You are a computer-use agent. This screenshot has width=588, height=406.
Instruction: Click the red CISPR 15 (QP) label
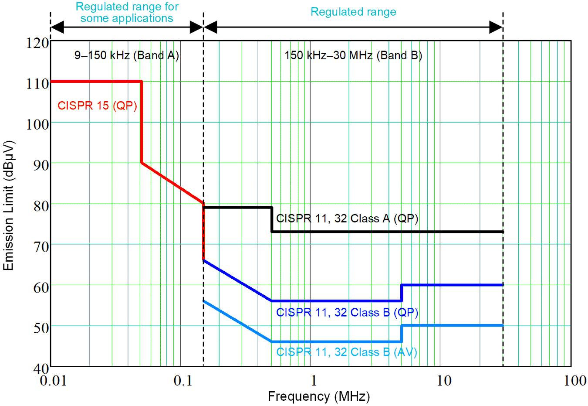tap(97, 106)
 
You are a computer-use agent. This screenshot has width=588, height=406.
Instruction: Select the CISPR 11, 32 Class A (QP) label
tap(347, 218)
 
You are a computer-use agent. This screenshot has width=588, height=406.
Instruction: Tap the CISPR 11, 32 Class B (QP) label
tap(347, 313)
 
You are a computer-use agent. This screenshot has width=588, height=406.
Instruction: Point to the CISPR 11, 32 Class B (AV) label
tap(347, 352)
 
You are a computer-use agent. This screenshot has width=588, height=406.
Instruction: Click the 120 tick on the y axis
tap(37, 43)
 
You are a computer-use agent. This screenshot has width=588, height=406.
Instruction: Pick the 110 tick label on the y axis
tap(37, 83)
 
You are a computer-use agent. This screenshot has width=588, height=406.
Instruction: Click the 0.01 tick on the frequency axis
tap(53, 381)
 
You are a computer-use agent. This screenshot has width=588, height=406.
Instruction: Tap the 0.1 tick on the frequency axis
tap(183, 381)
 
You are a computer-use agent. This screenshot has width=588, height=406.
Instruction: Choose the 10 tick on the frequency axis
tap(444, 381)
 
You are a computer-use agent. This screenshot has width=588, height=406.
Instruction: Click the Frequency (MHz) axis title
tap(319, 396)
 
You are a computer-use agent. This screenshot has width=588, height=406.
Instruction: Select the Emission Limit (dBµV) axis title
tap(9, 205)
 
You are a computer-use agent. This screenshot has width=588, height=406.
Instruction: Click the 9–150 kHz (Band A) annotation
tap(127, 55)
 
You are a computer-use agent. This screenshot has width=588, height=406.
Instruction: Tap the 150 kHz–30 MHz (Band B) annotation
tap(353, 55)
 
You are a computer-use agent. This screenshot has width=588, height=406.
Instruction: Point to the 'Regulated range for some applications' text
tap(127, 12)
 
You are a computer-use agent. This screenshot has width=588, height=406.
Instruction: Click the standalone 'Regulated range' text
tap(353, 12)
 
